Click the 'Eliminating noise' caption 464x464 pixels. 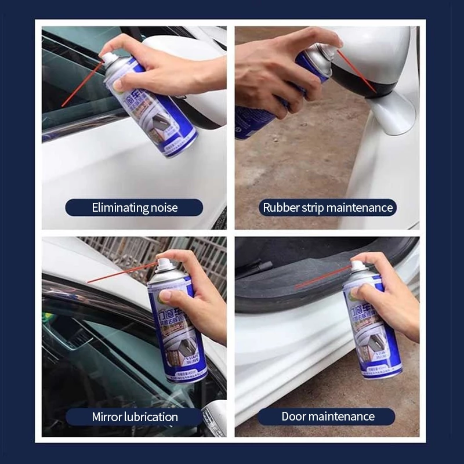(134, 208)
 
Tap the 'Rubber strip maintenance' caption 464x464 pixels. (328, 208)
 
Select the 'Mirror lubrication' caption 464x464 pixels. (135, 416)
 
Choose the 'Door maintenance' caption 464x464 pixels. (328, 416)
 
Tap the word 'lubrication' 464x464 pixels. (150, 416)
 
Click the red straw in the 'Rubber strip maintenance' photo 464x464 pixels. (356, 71)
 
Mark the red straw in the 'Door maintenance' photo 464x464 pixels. (322, 277)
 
